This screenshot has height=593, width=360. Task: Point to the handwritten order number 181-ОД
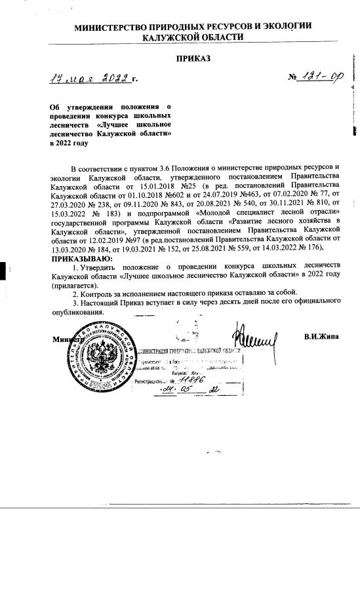(319, 78)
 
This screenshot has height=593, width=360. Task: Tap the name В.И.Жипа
(321, 337)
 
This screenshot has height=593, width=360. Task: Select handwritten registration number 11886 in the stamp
(191, 379)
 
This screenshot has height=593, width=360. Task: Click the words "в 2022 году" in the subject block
(68, 143)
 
